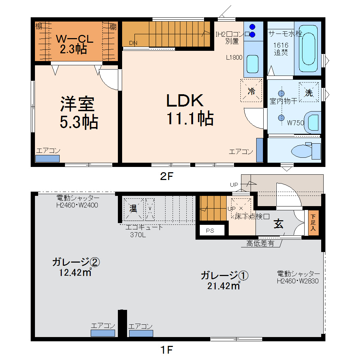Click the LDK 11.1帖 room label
click(190, 110)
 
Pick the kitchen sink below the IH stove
click(252, 64)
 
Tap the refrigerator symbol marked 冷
click(251, 91)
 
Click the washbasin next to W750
click(312, 122)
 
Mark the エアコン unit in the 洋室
click(47, 158)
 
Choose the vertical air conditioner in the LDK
click(259, 150)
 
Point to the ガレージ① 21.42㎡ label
click(224, 280)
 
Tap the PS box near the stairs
click(210, 231)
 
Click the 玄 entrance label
click(279, 224)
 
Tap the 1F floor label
click(166, 350)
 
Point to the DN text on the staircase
click(133, 43)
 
